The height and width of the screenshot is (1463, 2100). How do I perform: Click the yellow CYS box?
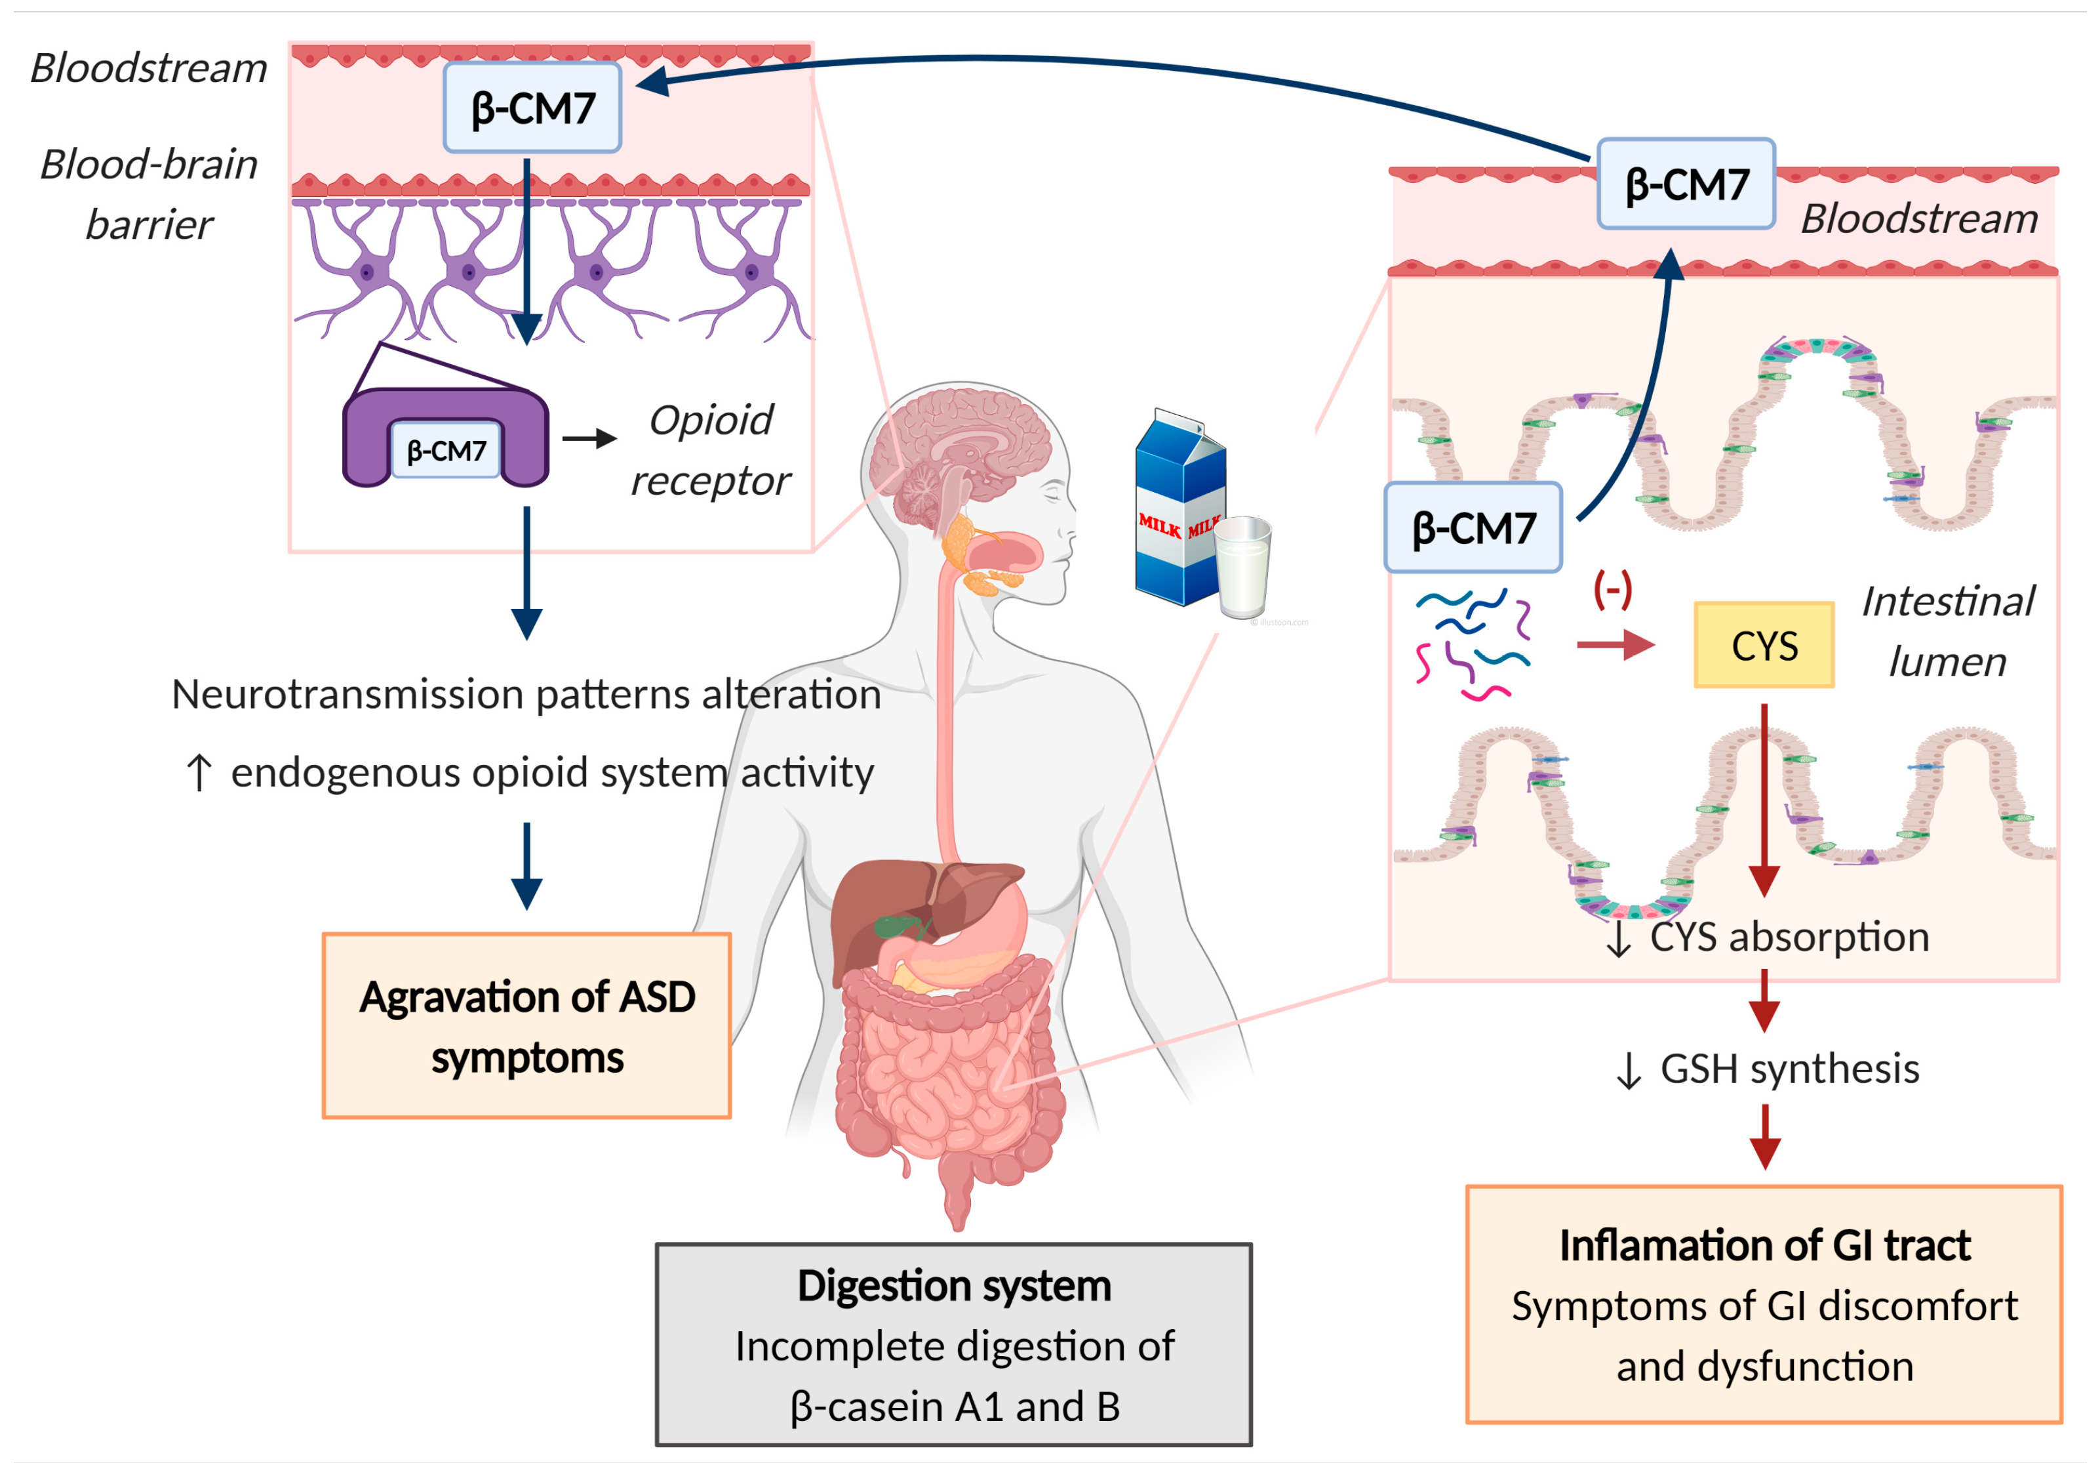coord(1764,644)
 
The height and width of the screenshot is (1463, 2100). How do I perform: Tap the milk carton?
coord(1180,508)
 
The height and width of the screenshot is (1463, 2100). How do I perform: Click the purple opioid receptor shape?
coord(445,438)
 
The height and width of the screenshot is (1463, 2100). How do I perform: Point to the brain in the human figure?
coord(961,457)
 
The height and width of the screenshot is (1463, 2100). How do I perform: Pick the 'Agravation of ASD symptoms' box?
coord(527,1025)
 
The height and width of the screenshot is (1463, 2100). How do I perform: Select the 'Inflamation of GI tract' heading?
coord(1764,1245)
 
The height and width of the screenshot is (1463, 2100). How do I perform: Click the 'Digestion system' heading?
coord(954,1285)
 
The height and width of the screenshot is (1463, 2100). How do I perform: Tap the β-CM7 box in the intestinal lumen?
coord(1473,528)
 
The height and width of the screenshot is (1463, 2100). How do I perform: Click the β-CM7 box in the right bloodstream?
coord(1686,184)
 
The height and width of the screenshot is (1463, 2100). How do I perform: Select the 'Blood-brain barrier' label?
coord(149,194)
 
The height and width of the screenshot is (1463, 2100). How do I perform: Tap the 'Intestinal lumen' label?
coord(1948,631)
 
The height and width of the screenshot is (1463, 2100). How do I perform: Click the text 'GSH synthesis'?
coord(1789,1069)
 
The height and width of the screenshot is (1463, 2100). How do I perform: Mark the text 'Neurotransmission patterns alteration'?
coord(526,693)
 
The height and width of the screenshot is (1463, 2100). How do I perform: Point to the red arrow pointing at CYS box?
coord(1615,645)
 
